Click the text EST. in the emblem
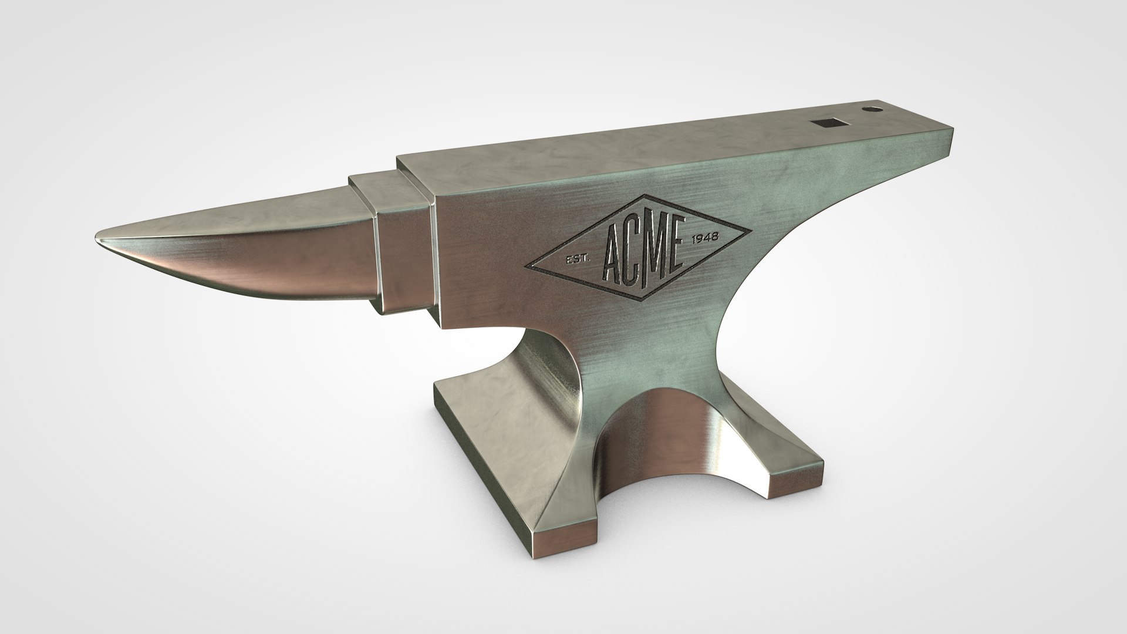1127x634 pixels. click(575, 260)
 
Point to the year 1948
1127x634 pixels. click(706, 238)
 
